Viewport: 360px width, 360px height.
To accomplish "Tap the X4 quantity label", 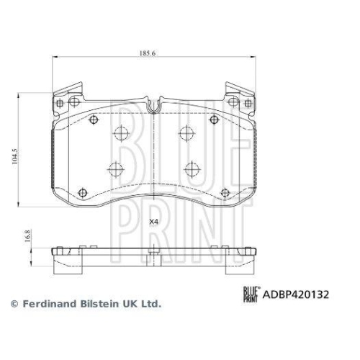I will (x=153, y=221).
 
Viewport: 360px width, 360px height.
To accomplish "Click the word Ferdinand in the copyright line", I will (x=46, y=305).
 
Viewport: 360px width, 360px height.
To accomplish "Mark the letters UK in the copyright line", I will (x=128, y=305).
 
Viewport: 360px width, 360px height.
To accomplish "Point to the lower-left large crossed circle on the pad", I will (x=113, y=170).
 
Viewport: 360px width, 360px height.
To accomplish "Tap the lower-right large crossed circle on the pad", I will (x=191, y=170).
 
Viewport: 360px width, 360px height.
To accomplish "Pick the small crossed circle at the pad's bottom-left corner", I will (x=81, y=192).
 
